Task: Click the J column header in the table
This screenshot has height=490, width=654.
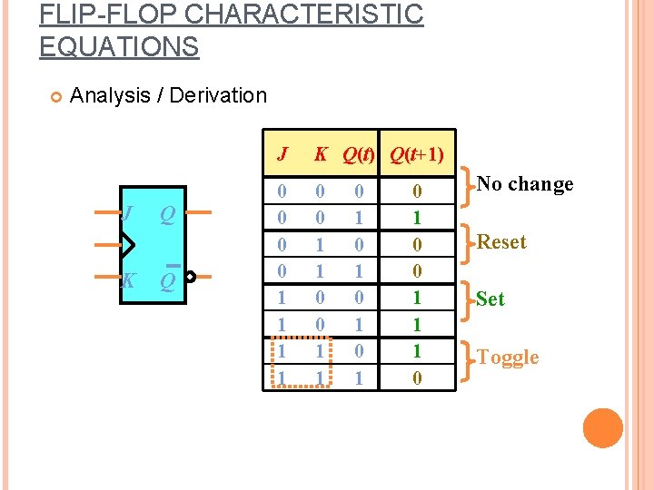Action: coord(282,154)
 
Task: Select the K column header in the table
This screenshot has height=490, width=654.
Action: coord(321,154)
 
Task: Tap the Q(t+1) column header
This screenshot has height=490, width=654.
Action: coord(417,154)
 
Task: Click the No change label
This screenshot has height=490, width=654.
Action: coord(525,184)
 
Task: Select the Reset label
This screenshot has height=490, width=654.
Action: coord(501,242)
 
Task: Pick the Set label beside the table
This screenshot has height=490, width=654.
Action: coord(490,299)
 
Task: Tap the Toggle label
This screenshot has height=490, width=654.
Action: coord(508,358)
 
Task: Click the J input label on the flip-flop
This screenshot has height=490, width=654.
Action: coord(129,214)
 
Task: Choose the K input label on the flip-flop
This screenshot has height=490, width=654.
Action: coord(129,280)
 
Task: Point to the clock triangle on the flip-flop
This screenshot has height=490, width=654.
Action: coord(126,244)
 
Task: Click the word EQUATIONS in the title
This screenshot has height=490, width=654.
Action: coord(119,46)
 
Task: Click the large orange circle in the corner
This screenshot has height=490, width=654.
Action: coord(603,428)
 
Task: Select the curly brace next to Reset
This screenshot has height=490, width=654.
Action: coord(467,242)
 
